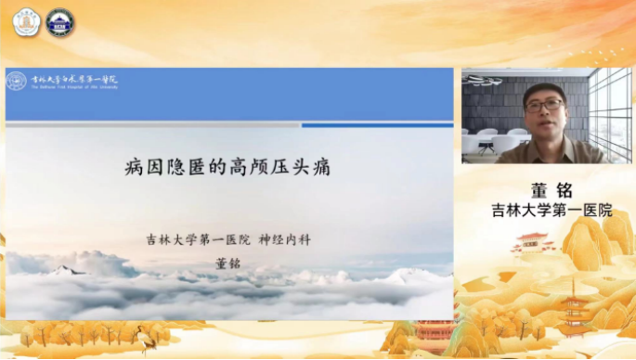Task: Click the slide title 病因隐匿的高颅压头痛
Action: tap(227, 168)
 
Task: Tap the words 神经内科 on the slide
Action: tap(284, 239)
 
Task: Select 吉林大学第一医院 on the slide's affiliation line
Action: tap(198, 239)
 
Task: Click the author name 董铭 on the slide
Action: tap(227, 262)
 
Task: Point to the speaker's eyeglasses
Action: tap(543, 105)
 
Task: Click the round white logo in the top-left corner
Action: tap(26, 22)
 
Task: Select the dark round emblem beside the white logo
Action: tap(60, 22)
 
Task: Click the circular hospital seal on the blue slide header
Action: tap(17, 81)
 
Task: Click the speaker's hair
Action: tap(543, 89)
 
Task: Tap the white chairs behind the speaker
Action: tap(492, 139)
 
